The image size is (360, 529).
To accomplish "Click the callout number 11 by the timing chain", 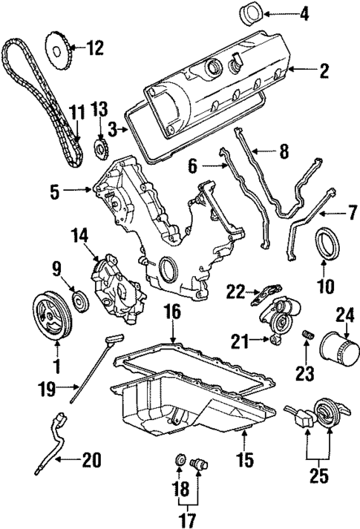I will [x=73, y=113].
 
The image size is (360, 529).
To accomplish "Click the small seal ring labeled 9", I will [x=78, y=302].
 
